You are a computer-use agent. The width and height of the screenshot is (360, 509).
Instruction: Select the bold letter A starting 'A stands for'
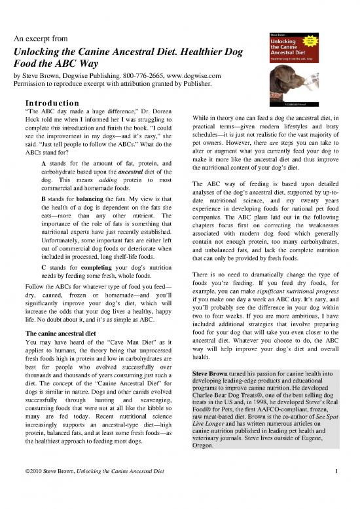[43, 163]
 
